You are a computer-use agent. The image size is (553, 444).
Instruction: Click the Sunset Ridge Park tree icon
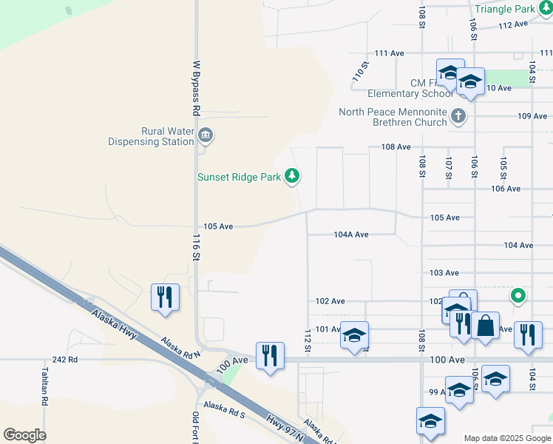[294, 176]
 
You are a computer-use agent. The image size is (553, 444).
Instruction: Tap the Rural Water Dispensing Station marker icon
[206, 135]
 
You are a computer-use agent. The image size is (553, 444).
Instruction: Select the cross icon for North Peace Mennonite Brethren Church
[458, 115]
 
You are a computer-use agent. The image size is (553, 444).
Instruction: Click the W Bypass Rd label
[197, 88]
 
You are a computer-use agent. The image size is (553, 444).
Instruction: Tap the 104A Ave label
[350, 235]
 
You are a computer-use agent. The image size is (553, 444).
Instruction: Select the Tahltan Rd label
[45, 386]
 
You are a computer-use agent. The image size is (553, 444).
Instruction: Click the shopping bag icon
[486, 326]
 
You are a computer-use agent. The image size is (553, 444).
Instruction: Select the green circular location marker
[518, 297]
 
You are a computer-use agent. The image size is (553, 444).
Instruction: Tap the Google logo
[24, 435]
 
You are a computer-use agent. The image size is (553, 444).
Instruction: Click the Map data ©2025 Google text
[507, 438]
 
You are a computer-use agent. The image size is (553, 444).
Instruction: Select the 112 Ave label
[513, 24]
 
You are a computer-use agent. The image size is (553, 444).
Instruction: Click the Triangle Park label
[504, 10]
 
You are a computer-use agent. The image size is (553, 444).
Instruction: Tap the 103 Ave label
[444, 273]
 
